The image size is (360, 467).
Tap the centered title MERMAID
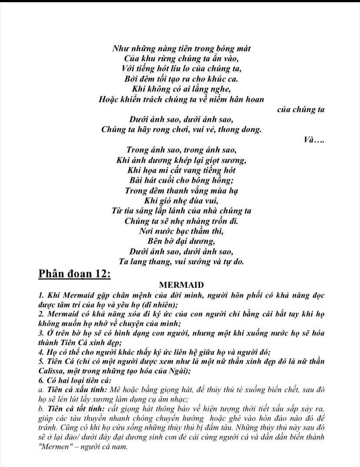click(181, 285)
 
